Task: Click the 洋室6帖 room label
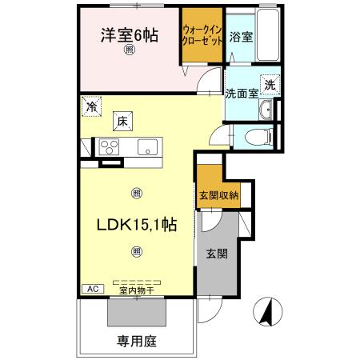(129, 34)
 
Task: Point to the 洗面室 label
(241, 93)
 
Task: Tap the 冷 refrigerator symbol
(94, 105)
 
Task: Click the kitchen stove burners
(109, 146)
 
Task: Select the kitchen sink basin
(147, 146)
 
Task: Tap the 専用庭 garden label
(135, 340)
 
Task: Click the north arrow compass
(269, 311)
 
